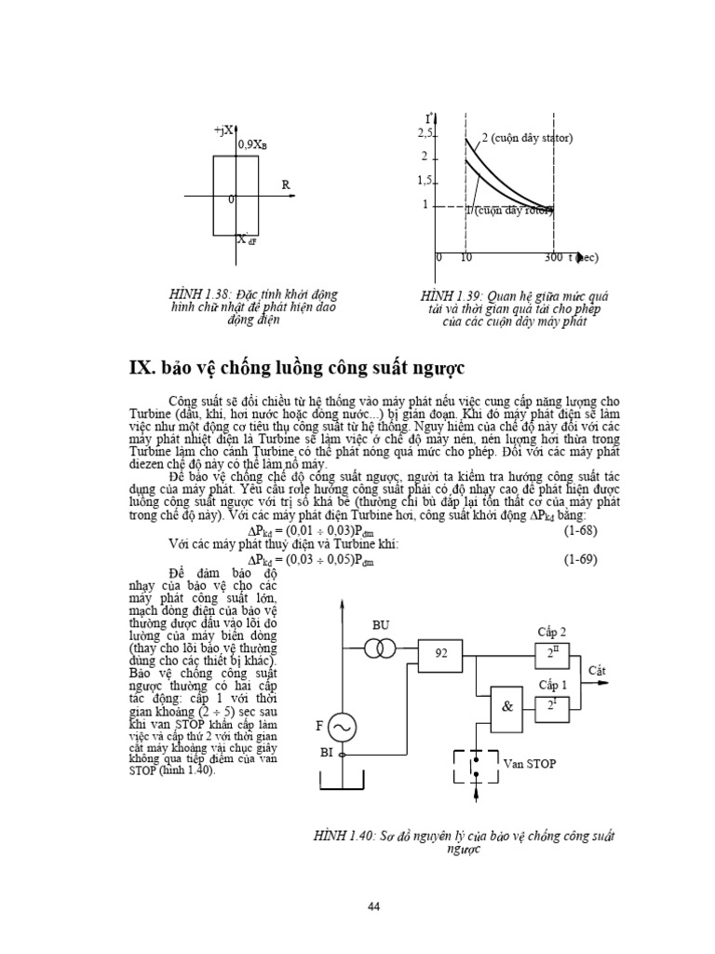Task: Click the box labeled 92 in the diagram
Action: point(441,654)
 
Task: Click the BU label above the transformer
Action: point(381,625)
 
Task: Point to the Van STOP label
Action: point(529,763)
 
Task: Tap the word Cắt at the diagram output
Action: point(598,670)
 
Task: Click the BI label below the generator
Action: point(326,750)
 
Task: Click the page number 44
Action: point(374,906)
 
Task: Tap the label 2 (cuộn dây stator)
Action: point(527,139)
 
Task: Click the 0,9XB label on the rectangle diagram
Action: point(254,144)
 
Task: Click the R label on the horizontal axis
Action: point(287,185)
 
